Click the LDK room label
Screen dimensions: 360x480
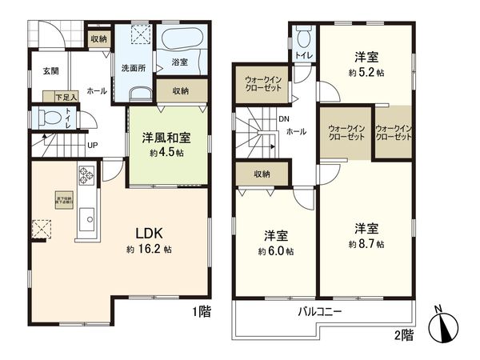pos(149,233)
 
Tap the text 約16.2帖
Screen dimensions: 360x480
pos(149,249)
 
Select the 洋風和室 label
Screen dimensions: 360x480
pos(166,138)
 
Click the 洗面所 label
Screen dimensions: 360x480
pos(133,68)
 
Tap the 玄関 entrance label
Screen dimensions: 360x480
pos(50,71)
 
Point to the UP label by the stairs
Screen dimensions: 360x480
pos(93,145)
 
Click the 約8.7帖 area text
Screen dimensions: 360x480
pos(367,243)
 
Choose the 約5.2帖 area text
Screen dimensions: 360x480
pos(367,71)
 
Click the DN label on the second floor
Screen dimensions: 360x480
pos(283,120)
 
